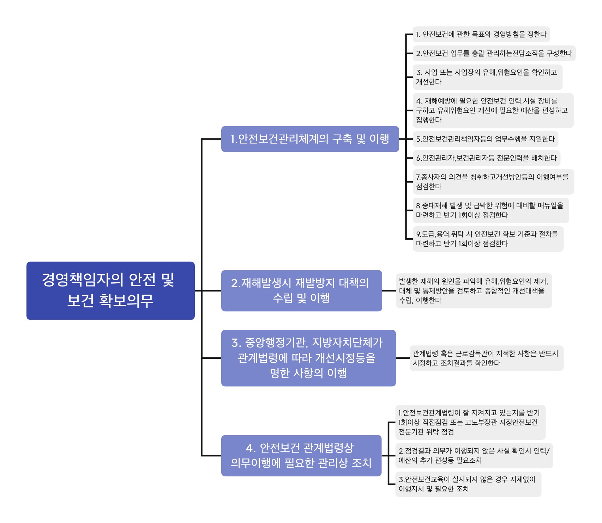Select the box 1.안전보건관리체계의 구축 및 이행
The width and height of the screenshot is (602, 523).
pos(310,139)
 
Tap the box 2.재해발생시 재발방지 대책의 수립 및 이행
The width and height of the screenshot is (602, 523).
pos(301,290)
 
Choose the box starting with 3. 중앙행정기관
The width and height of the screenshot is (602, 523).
pos(308,358)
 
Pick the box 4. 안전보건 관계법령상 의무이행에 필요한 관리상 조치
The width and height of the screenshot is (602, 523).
pos(301,455)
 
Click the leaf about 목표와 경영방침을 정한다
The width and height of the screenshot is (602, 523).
pos(481,34)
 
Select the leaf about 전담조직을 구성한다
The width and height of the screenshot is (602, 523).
pos(494,53)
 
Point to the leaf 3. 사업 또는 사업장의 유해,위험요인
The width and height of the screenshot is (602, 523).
pos(487,77)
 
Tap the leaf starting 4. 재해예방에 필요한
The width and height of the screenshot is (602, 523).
pos(493,110)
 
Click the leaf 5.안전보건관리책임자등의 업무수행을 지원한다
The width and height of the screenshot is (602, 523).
pos(485,139)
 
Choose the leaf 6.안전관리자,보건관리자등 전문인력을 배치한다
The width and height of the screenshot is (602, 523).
pos(486,158)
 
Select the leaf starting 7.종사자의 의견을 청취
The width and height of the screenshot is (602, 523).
pos(493,181)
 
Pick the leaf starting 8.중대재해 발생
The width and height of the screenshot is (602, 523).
pos(490,210)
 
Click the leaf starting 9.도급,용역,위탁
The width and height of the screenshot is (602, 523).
pos(488,239)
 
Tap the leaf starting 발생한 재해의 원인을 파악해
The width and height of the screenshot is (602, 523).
pos(474,290)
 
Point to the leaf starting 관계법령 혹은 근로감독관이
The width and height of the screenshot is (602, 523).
pos(486,358)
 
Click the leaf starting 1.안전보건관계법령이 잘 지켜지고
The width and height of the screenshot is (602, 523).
pos(470,422)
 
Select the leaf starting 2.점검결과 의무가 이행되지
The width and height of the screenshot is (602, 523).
pos(474,455)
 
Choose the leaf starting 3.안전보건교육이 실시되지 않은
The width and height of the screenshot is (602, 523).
pos(468,484)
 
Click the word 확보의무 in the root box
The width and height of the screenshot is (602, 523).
pos(126,301)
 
